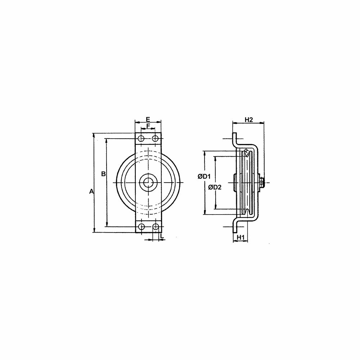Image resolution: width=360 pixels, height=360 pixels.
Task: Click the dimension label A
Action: click(91, 191)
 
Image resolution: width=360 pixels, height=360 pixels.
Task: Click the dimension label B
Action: click(104, 174)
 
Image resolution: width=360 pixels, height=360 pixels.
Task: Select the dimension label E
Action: click(148, 119)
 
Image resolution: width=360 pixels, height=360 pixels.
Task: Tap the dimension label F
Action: click(148, 126)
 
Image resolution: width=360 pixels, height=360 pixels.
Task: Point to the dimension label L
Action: click(162, 236)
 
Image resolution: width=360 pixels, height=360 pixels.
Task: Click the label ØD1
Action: click(204, 176)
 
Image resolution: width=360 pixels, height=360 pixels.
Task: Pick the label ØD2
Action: click(215, 187)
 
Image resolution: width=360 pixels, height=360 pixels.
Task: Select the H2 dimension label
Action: click(249, 120)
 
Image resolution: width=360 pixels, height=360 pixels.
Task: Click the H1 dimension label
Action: click(240, 237)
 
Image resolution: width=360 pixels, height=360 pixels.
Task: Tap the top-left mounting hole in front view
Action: click(141, 139)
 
